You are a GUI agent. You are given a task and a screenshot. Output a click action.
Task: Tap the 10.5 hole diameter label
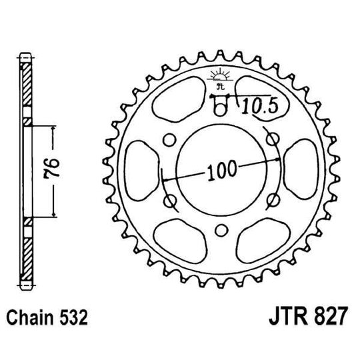pyautogui.click(x=255, y=105)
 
